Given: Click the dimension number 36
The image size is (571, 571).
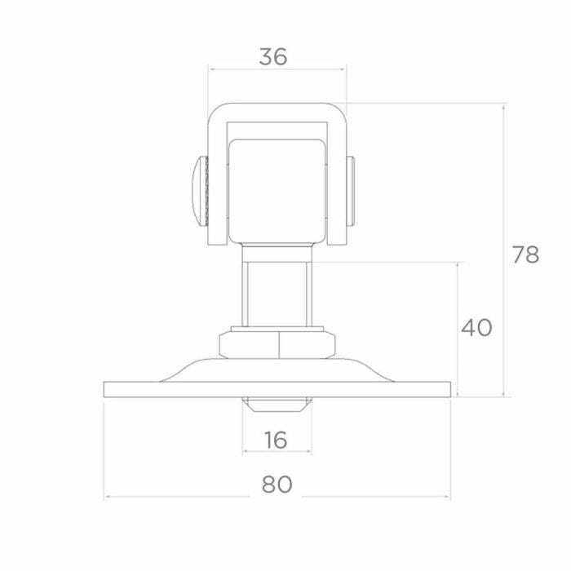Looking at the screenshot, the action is click(273, 57).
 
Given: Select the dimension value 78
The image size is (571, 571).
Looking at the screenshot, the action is click(525, 255).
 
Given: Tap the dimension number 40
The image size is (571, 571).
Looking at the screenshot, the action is click(476, 327).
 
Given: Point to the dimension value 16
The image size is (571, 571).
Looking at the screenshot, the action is click(276, 440).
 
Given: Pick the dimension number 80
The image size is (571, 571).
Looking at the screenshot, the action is click(277, 485).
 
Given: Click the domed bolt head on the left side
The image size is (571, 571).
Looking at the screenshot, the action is click(199, 191).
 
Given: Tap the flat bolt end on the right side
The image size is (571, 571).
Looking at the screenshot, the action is click(350, 191).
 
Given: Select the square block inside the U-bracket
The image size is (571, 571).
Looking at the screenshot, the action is click(277, 191).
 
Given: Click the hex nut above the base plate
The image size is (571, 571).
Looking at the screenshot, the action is click(277, 345).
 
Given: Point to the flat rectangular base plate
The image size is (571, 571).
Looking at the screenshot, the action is click(277, 389).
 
